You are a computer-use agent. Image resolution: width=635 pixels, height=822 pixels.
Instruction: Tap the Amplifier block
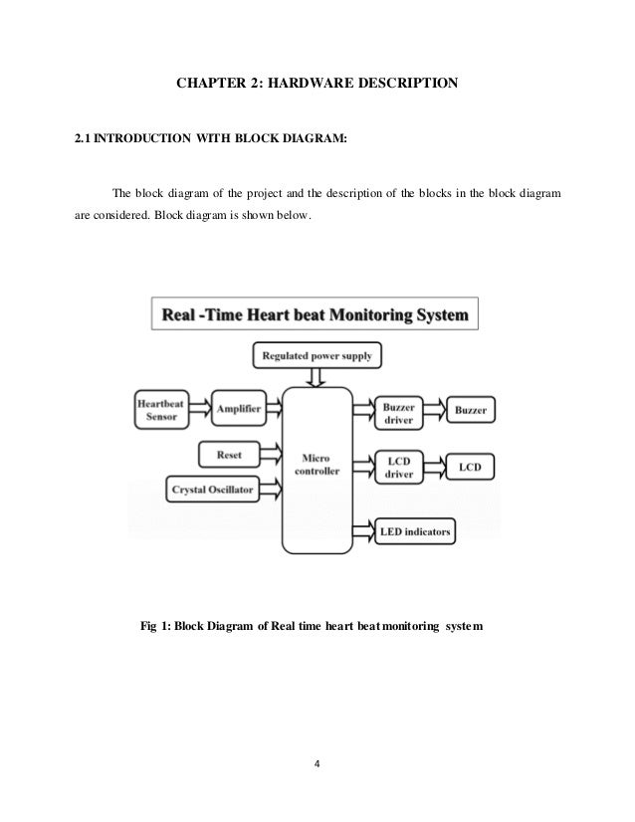pos(239,409)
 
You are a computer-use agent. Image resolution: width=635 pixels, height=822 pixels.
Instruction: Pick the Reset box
pos(229,455)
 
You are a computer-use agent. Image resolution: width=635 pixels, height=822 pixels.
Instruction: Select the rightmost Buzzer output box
pos(473,409)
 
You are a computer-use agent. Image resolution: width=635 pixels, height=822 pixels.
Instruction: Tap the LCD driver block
pos(397,467)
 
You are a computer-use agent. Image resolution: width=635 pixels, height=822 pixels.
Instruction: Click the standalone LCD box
pos(471,466)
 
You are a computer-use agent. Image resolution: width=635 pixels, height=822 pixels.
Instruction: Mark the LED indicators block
pos(416,532)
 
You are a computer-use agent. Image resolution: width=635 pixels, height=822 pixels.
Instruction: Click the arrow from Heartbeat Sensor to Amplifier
pos(201,409)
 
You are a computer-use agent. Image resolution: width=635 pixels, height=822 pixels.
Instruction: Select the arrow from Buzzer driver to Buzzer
pos(434,409)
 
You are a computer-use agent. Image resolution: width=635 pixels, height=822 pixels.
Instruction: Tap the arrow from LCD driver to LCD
pos(434,467)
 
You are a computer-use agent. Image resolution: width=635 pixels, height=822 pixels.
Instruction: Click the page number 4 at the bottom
pos(317,766)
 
